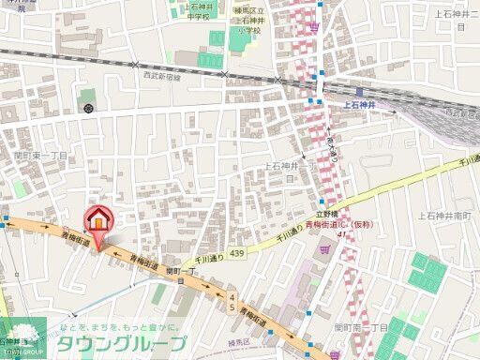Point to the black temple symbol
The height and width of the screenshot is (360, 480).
point(87,109)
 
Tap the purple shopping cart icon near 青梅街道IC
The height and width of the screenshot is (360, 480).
point(324,248)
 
